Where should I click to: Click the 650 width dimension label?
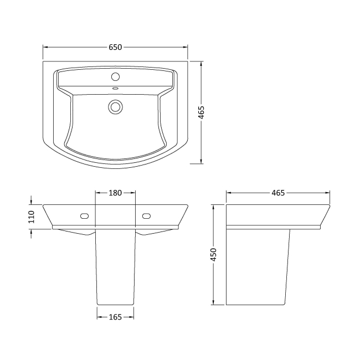pos(115,47)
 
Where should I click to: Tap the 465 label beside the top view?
pos(202,112)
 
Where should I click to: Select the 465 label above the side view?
pos(278,193)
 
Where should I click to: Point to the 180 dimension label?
pos(115,193)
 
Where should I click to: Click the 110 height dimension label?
pos(31,217)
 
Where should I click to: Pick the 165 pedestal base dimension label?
pos(115,317)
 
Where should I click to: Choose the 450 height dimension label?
pos(214,255)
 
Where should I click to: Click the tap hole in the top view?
pos(115,76)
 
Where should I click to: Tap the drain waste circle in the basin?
pos(115,107)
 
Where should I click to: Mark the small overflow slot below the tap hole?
pos(115,88)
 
